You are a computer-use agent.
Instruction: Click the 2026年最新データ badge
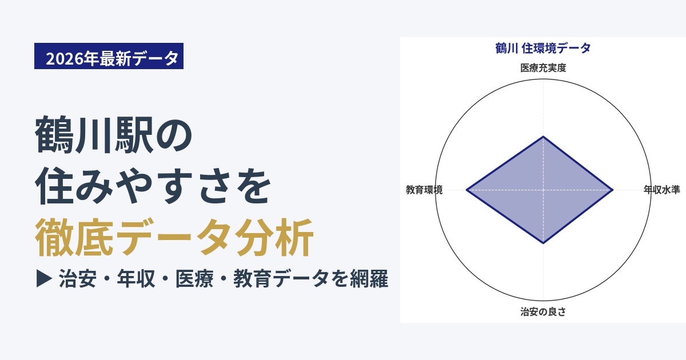(x=109, y=56)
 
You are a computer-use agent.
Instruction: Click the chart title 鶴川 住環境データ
(x=543, y=48)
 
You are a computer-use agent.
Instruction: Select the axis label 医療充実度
(x=543, y=67)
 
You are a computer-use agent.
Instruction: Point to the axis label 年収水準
(x=661, y=190)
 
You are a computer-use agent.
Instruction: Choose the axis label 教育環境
(x=424, y=190)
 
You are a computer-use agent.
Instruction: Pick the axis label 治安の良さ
(x=543, y=311)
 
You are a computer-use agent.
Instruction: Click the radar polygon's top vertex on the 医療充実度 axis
(x=543, y=136)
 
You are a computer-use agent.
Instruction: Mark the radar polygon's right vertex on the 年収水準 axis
(x=613, y=190)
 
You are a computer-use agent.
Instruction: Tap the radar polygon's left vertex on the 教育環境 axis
(x=466, y=190)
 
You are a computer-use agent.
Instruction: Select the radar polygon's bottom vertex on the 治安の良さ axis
(x=543, y=243)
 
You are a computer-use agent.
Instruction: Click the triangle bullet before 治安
(x=44, y=279)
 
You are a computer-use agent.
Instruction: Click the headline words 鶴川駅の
(x=114, y=135)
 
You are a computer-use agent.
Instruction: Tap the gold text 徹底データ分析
(x=174, y=237)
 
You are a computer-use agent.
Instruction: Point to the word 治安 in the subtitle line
(x=78, y=279)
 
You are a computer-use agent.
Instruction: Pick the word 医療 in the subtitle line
(x=194, y=279)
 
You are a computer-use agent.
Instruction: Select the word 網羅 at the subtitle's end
(x=369, y=279)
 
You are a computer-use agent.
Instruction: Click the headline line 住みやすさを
(x=153, y=186)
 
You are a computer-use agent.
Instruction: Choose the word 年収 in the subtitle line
(x=135, y=279)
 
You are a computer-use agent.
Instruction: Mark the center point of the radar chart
(x=543, y=190)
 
